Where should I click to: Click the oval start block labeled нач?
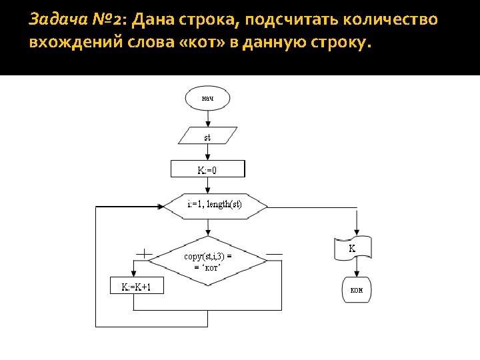[x=207, y=99]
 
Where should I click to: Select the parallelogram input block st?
[x=207, y=137]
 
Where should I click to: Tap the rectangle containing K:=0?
[x=208, y=169]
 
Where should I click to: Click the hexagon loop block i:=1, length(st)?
[x=215, y=204]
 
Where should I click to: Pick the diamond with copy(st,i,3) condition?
[x=208, y=261]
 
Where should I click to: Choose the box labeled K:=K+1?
[x=136, y=287]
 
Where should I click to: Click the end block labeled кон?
[x=357, y=291]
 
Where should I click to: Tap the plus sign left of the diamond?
[x=144, y=254]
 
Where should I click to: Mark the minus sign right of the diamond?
[x=274, y=254]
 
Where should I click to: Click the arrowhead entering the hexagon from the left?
[x=161, y=207]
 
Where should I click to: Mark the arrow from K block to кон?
[x=357, y=268]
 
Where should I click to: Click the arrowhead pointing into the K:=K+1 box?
[x=134, y=275]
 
